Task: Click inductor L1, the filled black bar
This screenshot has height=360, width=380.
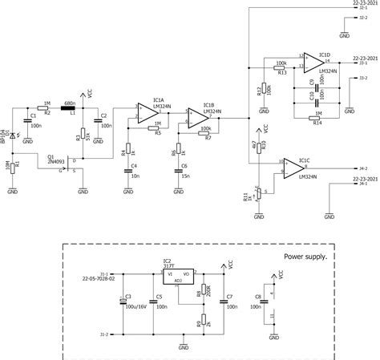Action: coord(69,107)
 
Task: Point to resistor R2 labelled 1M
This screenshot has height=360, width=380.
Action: coord(46,107)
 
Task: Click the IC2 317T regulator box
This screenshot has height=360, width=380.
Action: coord(178,276)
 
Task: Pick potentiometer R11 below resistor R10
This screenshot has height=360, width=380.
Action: coord(257,192)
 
